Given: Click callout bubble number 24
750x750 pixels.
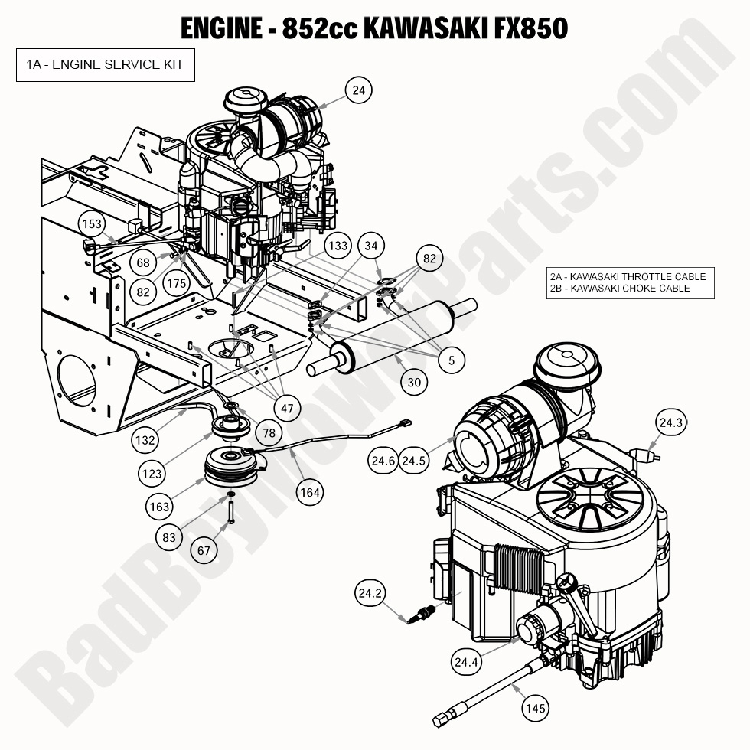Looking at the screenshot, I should [x=358, y=91].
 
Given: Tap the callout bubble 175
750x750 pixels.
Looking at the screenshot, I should [x=176, y=283].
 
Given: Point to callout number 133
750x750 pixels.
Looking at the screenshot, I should [x=337, y=246].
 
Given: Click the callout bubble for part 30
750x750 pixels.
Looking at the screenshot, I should [x=414, y=382].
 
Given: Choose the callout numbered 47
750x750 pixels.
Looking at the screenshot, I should [x=287, y=408].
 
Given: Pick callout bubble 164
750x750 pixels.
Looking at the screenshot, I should [x=309, y=492].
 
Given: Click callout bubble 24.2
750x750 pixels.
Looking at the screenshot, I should [x=370, y=592].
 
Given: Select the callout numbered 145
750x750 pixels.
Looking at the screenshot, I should [x=536, y=708].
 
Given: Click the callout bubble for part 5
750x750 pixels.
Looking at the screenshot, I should [x=452, y=360].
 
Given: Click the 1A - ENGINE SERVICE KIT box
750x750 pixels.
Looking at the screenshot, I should [x=105, y=64].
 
